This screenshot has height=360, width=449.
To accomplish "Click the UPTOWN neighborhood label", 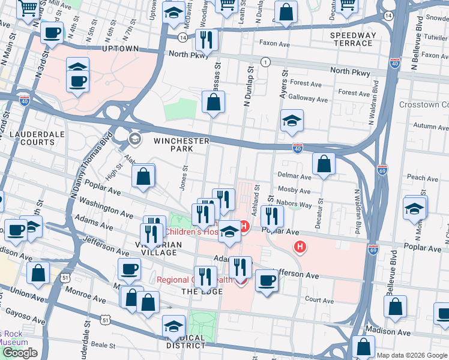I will pos(121,49).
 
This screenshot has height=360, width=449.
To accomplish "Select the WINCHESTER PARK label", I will pos(181,145).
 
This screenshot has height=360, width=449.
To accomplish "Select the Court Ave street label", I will pos(319,300).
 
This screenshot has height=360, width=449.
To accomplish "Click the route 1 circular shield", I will pos(265,62).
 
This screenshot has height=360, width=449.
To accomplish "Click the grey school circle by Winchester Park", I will pos(134,139).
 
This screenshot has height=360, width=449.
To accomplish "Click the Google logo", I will pos(20,353).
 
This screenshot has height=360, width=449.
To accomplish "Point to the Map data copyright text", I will pos(412,355).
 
